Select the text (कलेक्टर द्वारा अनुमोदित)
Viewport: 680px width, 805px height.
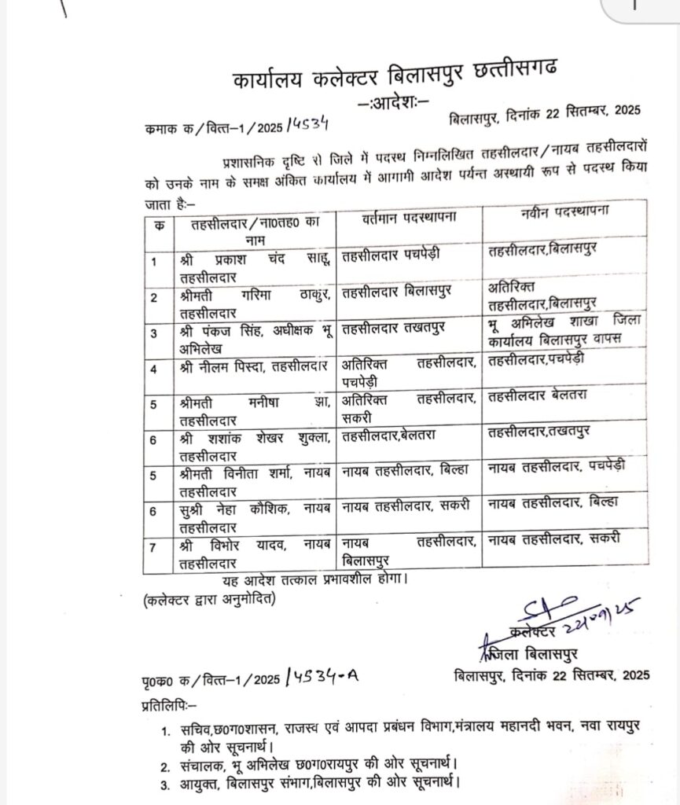click(x=211, y=600)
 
